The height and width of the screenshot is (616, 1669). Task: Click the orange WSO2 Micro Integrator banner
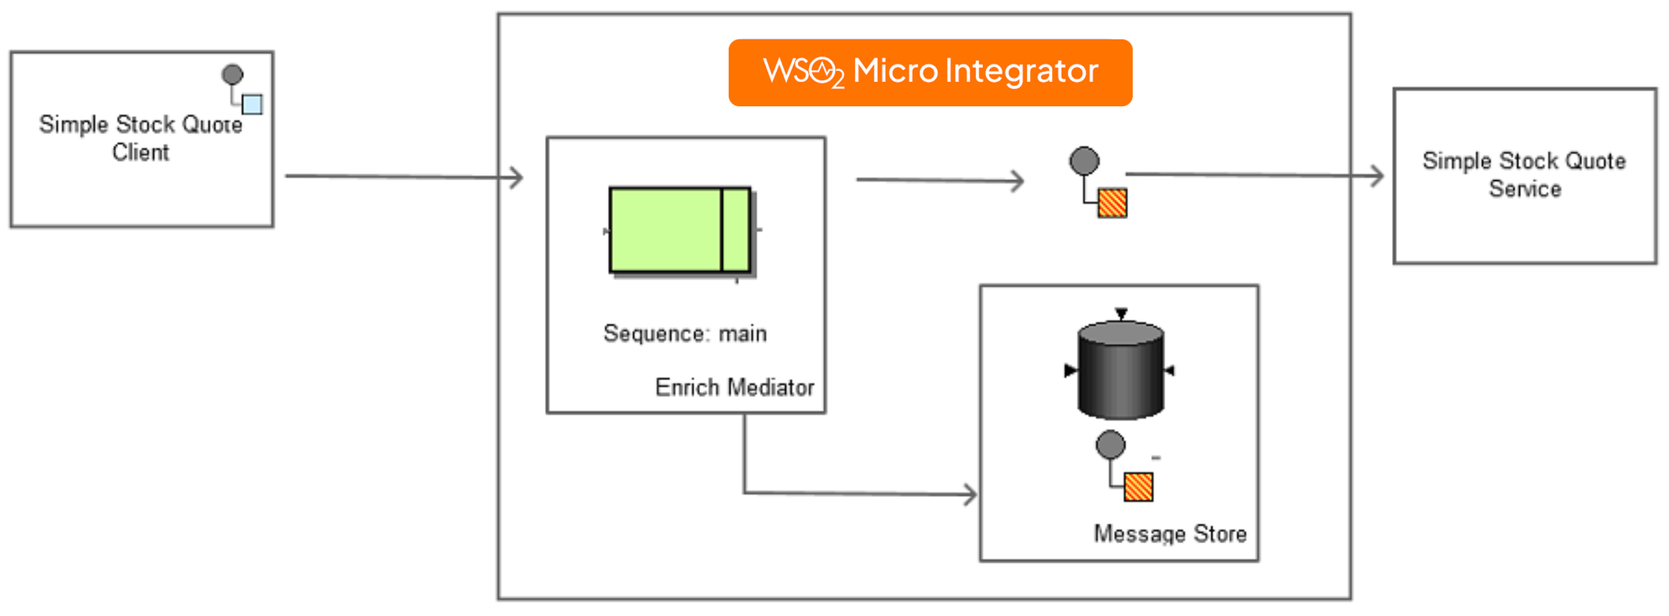(930, 73)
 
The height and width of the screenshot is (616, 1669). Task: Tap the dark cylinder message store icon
(1120, 371)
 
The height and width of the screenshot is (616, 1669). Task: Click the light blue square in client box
(252, 104)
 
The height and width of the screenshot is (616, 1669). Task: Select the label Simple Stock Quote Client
(141, 138)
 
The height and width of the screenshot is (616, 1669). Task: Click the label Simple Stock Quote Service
(1524, 175)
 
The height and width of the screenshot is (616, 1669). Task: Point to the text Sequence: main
(685, 333)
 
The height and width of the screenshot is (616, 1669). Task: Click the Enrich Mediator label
(734, 387)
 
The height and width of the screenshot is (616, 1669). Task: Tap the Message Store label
(1169, 534)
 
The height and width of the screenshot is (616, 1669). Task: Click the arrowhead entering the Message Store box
(970, 495)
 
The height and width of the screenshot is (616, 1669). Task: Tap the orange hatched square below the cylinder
(1138, 487)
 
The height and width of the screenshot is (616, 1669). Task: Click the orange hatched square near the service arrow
(1113, 203)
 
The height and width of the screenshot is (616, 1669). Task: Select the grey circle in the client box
(232, 75)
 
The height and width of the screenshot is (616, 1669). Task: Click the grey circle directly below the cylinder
(1110, 445)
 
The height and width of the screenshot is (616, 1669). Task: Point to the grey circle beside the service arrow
(1084, 161)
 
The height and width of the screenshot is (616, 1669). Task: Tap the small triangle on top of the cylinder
(1121, 314)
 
